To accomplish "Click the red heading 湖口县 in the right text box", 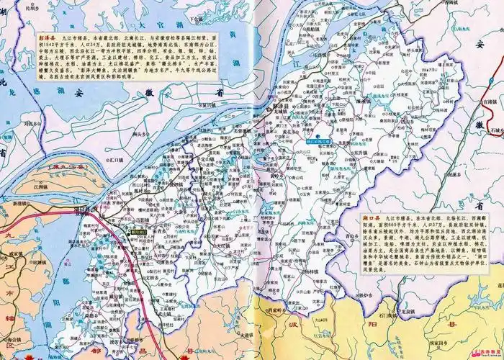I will pos(377,217).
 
